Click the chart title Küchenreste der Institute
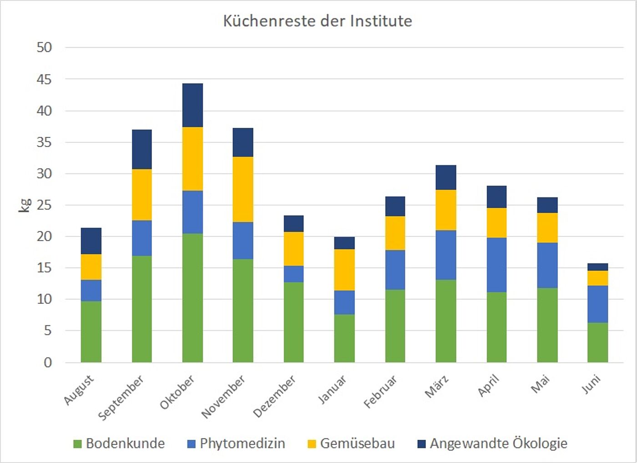point(318,21)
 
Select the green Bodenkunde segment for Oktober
point(192,298)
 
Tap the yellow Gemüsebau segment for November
point(243,189)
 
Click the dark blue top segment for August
point(91,241)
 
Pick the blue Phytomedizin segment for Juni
point(597,304)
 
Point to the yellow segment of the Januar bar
point(344,270)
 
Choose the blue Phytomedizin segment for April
point(496,265)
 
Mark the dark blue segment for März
point(446,177)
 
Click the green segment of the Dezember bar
point(293,322)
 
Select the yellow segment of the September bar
point(142,195)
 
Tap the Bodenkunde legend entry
point(119,443)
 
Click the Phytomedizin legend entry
point(236,443)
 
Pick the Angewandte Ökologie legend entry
point(492,443)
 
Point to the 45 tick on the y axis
point(44,79)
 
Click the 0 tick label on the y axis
point(48,362)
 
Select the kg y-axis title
point(25,205)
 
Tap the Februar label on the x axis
point(380,392)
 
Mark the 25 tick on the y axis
point(44,205)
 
